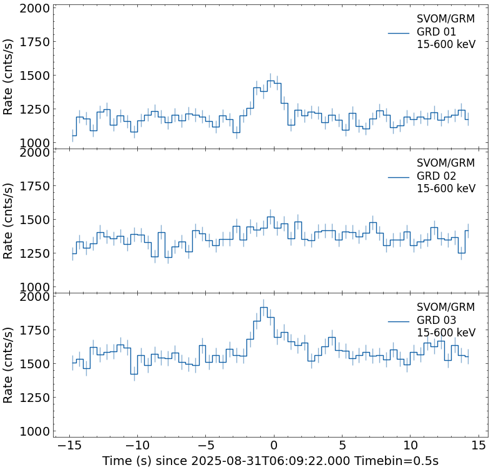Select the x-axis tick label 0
point(274,446)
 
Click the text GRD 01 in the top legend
point(436,32)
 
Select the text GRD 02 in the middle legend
point(436,176)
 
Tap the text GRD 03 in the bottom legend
point(436,320)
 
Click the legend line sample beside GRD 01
point(399,32)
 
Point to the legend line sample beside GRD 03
point(399,321)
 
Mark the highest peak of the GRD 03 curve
point(264,307)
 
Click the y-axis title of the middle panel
point(8,220)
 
